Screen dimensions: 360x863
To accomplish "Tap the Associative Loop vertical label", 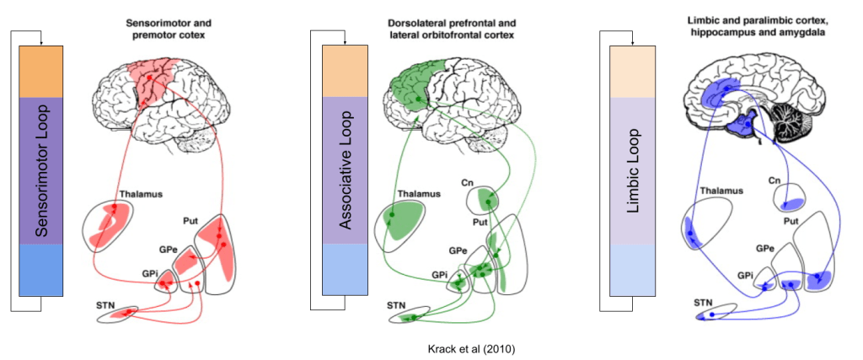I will tap(345, 170).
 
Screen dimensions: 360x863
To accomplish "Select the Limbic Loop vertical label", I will tap(635, 169).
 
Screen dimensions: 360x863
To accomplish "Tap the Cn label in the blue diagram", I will tap(775, 181).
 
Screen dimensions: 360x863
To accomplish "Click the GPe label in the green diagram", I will tap(458, 251).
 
